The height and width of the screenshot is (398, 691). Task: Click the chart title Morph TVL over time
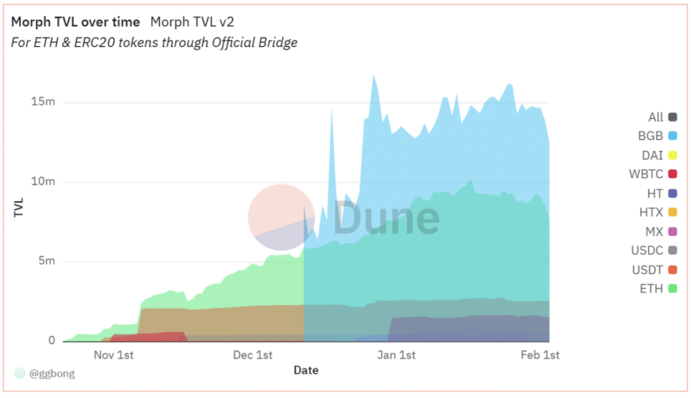(x=76, y=22)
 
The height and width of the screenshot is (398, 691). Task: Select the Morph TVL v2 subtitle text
(x=192, y=22)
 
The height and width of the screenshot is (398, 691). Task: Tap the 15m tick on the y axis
(x=43, y=102)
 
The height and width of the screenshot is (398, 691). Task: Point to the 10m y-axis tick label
(x=43, y=182)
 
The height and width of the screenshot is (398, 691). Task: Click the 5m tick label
(x=46, y=262)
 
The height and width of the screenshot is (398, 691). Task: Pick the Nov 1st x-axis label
(x=113, y=355)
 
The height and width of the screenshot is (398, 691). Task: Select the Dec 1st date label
(x=253, y=355)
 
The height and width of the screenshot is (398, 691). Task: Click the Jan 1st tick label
(x=397, y=355)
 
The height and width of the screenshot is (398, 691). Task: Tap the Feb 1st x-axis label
(x=541, y=355)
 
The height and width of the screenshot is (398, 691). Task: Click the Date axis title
(x=306, y=370)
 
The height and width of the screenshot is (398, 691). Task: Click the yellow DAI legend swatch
(x=673, y=155)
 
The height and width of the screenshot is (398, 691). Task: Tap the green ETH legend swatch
(x=673, y=289)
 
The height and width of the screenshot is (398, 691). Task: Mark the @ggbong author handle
(x=51, y=373)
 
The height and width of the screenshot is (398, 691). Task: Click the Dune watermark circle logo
(x=281, y=217)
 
